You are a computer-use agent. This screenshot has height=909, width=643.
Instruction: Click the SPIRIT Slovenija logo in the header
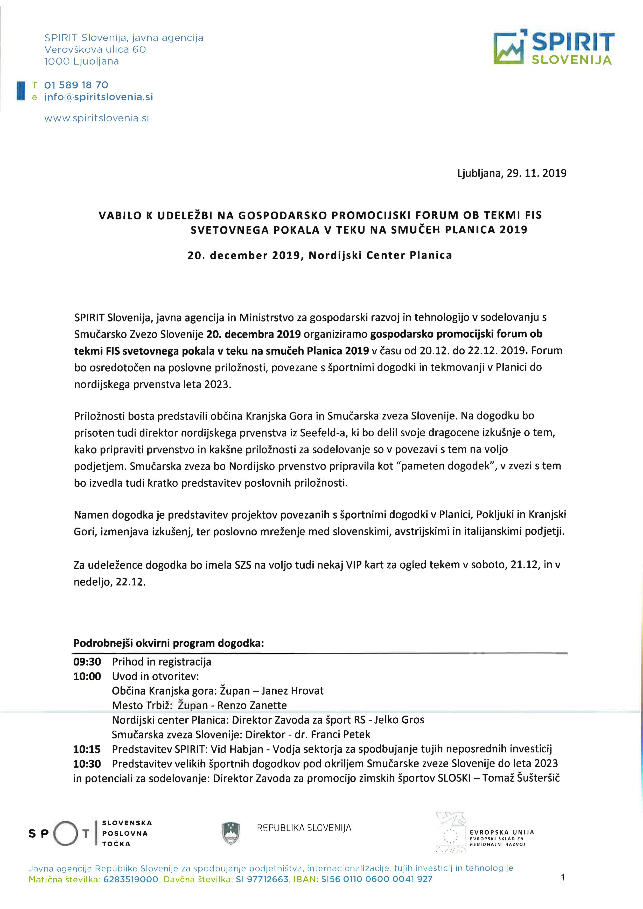tap(554, 48)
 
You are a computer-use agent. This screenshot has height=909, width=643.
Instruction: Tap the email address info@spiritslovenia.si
tap(98, 97)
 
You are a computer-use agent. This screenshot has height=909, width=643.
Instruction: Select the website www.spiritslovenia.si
tap(97, 118)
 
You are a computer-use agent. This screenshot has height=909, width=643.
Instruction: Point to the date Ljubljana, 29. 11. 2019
tap(512, 173)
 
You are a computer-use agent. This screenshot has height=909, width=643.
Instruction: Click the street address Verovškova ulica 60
tap(95, 50)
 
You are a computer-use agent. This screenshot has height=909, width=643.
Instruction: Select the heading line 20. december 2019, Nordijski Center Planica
tap(319, 255)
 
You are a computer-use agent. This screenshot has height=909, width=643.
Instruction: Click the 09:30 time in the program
tap(87, 662)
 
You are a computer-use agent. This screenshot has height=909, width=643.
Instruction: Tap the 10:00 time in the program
tap(87, 676)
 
